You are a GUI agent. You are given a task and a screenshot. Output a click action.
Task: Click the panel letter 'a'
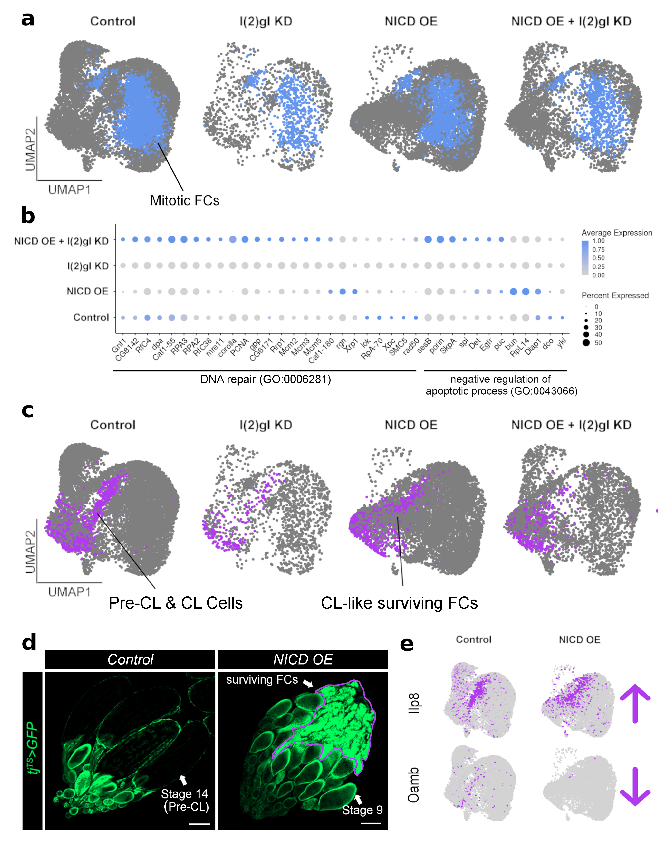[x=28, y=19]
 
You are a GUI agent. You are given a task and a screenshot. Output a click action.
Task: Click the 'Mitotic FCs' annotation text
[x=184, y=200]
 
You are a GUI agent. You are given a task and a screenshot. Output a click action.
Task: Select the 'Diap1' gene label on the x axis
[x=534, y=348]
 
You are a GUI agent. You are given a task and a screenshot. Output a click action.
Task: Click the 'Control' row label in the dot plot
[x=91, y=317]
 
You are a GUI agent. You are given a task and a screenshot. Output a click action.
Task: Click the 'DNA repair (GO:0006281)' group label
[x=265, y=379]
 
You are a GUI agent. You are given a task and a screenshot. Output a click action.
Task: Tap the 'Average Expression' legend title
[x=616, y=233]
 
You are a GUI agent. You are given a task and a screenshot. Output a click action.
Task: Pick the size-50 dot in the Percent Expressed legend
[x=586, y=343]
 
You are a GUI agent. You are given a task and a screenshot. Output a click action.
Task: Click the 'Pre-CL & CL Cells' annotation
[x=176, y=603]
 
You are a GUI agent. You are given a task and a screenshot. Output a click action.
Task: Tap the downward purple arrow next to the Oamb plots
[x=635, y=786]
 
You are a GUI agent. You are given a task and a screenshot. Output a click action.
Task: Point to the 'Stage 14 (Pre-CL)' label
[x=185, y=800]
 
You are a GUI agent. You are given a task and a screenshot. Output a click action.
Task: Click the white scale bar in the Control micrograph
[x=199, y=824]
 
